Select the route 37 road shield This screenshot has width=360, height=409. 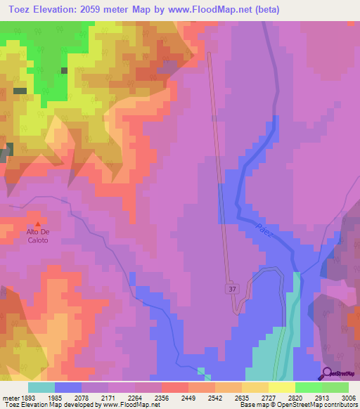pos(232,288)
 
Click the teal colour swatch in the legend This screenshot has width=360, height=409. pos(41,387)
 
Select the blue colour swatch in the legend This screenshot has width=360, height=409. pos(68,387)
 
